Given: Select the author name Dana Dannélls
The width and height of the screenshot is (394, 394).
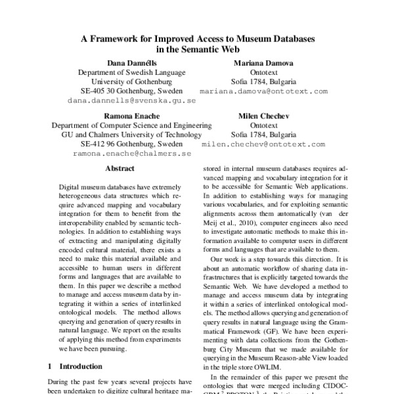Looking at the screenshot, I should (x=132, y=62).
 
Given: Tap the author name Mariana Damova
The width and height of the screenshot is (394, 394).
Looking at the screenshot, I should (x=263, y=62).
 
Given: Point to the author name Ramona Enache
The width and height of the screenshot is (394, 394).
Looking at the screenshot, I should (x=132, y=115).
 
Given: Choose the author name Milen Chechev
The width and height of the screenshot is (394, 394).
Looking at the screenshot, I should (x=263, y=115).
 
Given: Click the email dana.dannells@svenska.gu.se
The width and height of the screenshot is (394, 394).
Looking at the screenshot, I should (x=132, y=102).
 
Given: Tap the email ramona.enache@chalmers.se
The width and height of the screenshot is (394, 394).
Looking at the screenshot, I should (x=132, y=154).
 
